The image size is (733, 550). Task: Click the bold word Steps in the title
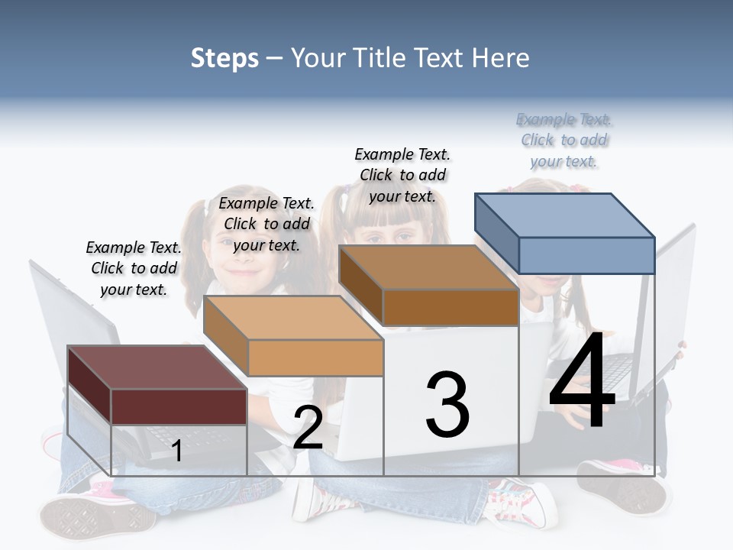[224, 58]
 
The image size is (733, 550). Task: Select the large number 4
[582, 382]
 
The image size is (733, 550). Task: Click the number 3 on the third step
[447, 404]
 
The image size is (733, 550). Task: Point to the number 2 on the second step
[308, 428]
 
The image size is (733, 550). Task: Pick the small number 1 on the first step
[176, 451]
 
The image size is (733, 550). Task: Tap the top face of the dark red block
[157, 367]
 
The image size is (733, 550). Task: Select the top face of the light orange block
[293, 317]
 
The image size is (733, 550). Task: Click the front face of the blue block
[586, 255]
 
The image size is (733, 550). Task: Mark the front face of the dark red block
[179, 406]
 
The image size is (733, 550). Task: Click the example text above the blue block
[564, 141]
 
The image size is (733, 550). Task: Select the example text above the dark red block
[134, 268]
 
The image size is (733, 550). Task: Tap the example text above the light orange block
[266, 224]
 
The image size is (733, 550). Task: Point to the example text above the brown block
[402, 175]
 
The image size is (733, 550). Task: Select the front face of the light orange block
[315, 357]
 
